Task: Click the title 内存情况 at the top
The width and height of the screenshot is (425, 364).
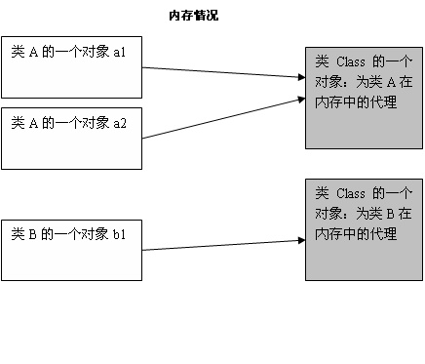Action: tap(192, 16)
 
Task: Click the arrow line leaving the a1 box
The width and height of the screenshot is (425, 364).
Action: tap(219, 71)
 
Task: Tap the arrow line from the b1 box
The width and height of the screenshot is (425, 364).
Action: tap(219, 245)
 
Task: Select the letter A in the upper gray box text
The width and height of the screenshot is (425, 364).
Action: tap(390, 82)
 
